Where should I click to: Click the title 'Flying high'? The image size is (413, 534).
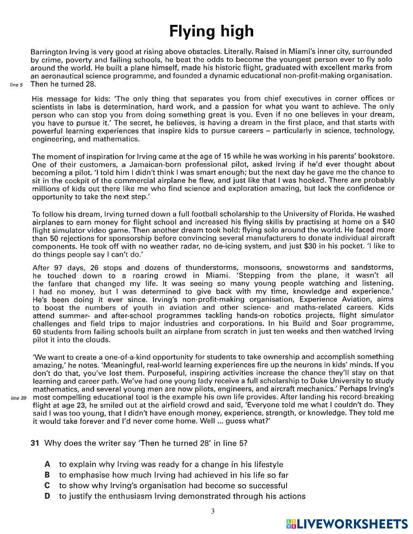pos(211,31)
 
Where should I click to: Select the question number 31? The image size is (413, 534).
pos(35,443)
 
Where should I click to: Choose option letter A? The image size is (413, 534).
pos(47,464)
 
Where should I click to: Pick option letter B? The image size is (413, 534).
pos(47,475)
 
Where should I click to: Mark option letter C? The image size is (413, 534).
pos(47,486)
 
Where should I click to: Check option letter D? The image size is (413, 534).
pos(47,496)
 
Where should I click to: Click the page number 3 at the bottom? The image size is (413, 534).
pos(213,512)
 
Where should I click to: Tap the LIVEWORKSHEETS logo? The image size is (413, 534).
pos(347,524)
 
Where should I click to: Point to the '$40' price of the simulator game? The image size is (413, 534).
pos(387,222)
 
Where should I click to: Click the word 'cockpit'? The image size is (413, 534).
pos(86,180)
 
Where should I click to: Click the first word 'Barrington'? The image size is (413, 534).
pos(49,52)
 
